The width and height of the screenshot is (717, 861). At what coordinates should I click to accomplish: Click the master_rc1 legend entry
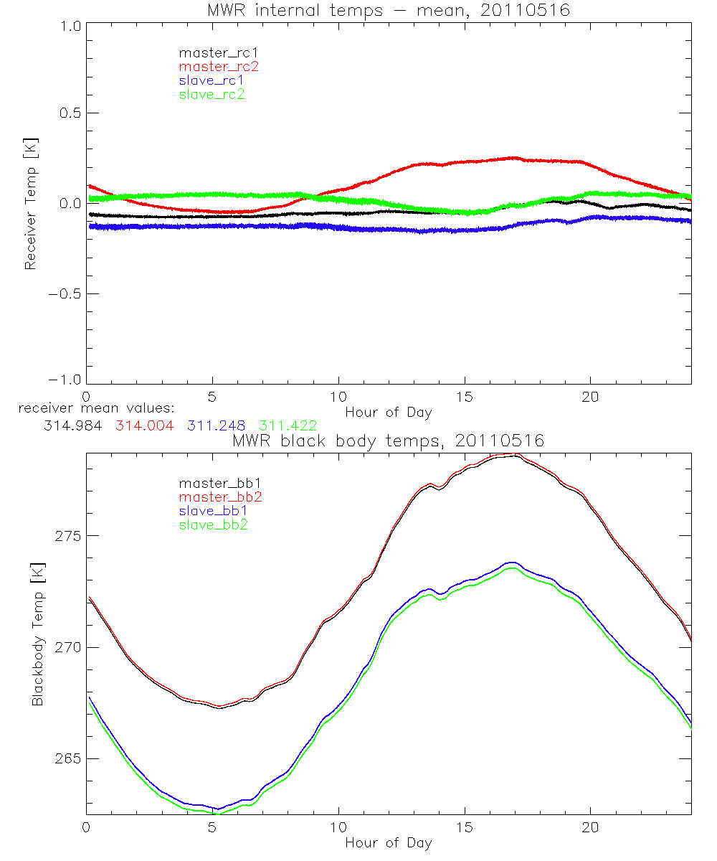coord(212,52)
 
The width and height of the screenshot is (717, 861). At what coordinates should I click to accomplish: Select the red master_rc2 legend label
coord(219,66)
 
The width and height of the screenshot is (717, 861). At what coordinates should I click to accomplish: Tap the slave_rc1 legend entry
coord(212,80)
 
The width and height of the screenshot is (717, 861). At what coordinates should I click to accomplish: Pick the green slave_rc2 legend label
coord(212,94)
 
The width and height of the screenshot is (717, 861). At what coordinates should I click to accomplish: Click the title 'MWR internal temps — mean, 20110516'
coord(388,10)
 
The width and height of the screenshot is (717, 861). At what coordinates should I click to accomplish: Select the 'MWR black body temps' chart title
coord(388,441)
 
